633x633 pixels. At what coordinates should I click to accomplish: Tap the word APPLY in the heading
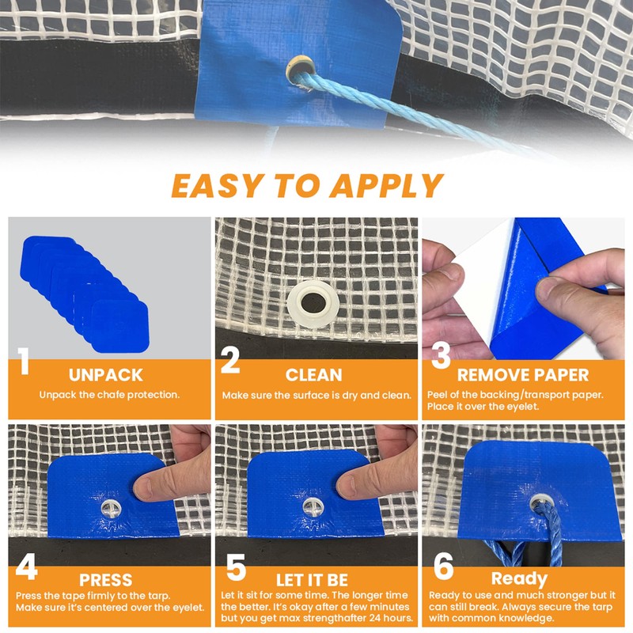(x=387, y=186)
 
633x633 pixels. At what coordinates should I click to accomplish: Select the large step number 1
(x=24, y=362)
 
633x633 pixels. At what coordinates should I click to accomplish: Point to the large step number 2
(x=230, y=361)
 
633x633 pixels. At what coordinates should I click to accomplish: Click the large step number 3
(x=441, y=354)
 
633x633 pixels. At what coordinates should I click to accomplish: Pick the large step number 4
(x=27, y=567)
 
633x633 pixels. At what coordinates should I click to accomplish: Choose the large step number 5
(x=236, y=567)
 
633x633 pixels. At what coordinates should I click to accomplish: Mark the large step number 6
(x=444, y=566)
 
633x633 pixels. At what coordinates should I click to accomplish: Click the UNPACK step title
(x=106, y=375)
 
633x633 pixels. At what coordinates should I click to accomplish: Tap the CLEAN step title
(x=313, y=375)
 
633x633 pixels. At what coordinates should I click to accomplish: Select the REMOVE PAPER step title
(x=523, y=375)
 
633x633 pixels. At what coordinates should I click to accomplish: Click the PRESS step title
(x=106, y=580)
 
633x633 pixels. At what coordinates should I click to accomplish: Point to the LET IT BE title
(x=312, y=580)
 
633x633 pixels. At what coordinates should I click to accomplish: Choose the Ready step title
(x=519, y=579)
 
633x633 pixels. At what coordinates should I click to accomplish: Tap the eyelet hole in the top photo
(x=301, y=70)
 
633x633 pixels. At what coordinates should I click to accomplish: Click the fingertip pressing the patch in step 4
(x=142, y=487)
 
